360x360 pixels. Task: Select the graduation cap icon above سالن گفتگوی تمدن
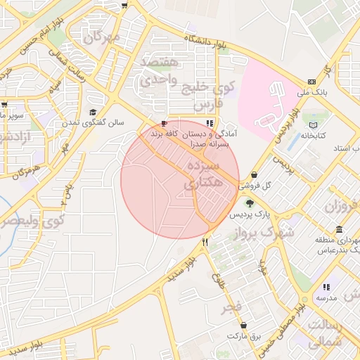pyautogui.click(x=92, y=112)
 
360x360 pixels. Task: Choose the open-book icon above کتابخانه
pyautogui.click(x=313, y=125)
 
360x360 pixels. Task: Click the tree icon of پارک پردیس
pyautogui.click(x=250, y=203)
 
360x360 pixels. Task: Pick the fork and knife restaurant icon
pyautogui.click(x=205, y=242)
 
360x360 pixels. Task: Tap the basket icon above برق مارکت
pyautogui.click(x=244, y=326)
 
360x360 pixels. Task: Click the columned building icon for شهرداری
pyautogui.click(x=340, y=230)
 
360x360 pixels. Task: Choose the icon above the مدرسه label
pyautogui.click(x=326, y=287)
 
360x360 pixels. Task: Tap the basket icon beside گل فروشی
pyautogui.click(x=253, y=175)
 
